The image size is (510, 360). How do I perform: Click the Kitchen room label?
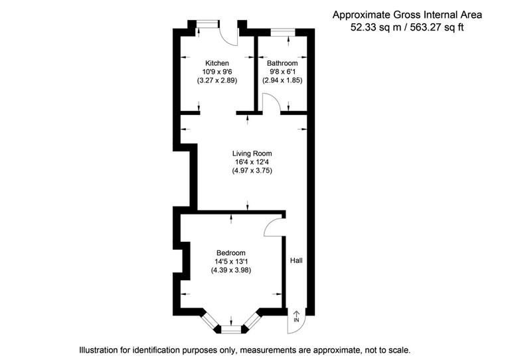coord(217,63)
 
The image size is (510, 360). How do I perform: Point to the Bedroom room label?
coord(230,253)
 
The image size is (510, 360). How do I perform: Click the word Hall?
coord(296,260)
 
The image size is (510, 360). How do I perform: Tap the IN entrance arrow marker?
coord(296,317)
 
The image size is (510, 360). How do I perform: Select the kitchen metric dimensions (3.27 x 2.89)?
coord(217,80)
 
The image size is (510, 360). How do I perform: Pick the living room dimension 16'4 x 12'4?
coord(252,161)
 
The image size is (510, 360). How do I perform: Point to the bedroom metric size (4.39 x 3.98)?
coord(230,270)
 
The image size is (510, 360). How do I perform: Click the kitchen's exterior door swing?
coord(229,37)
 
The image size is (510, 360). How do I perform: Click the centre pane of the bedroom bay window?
coord(230,328)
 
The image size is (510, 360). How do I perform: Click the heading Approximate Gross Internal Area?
coord(408,14)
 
